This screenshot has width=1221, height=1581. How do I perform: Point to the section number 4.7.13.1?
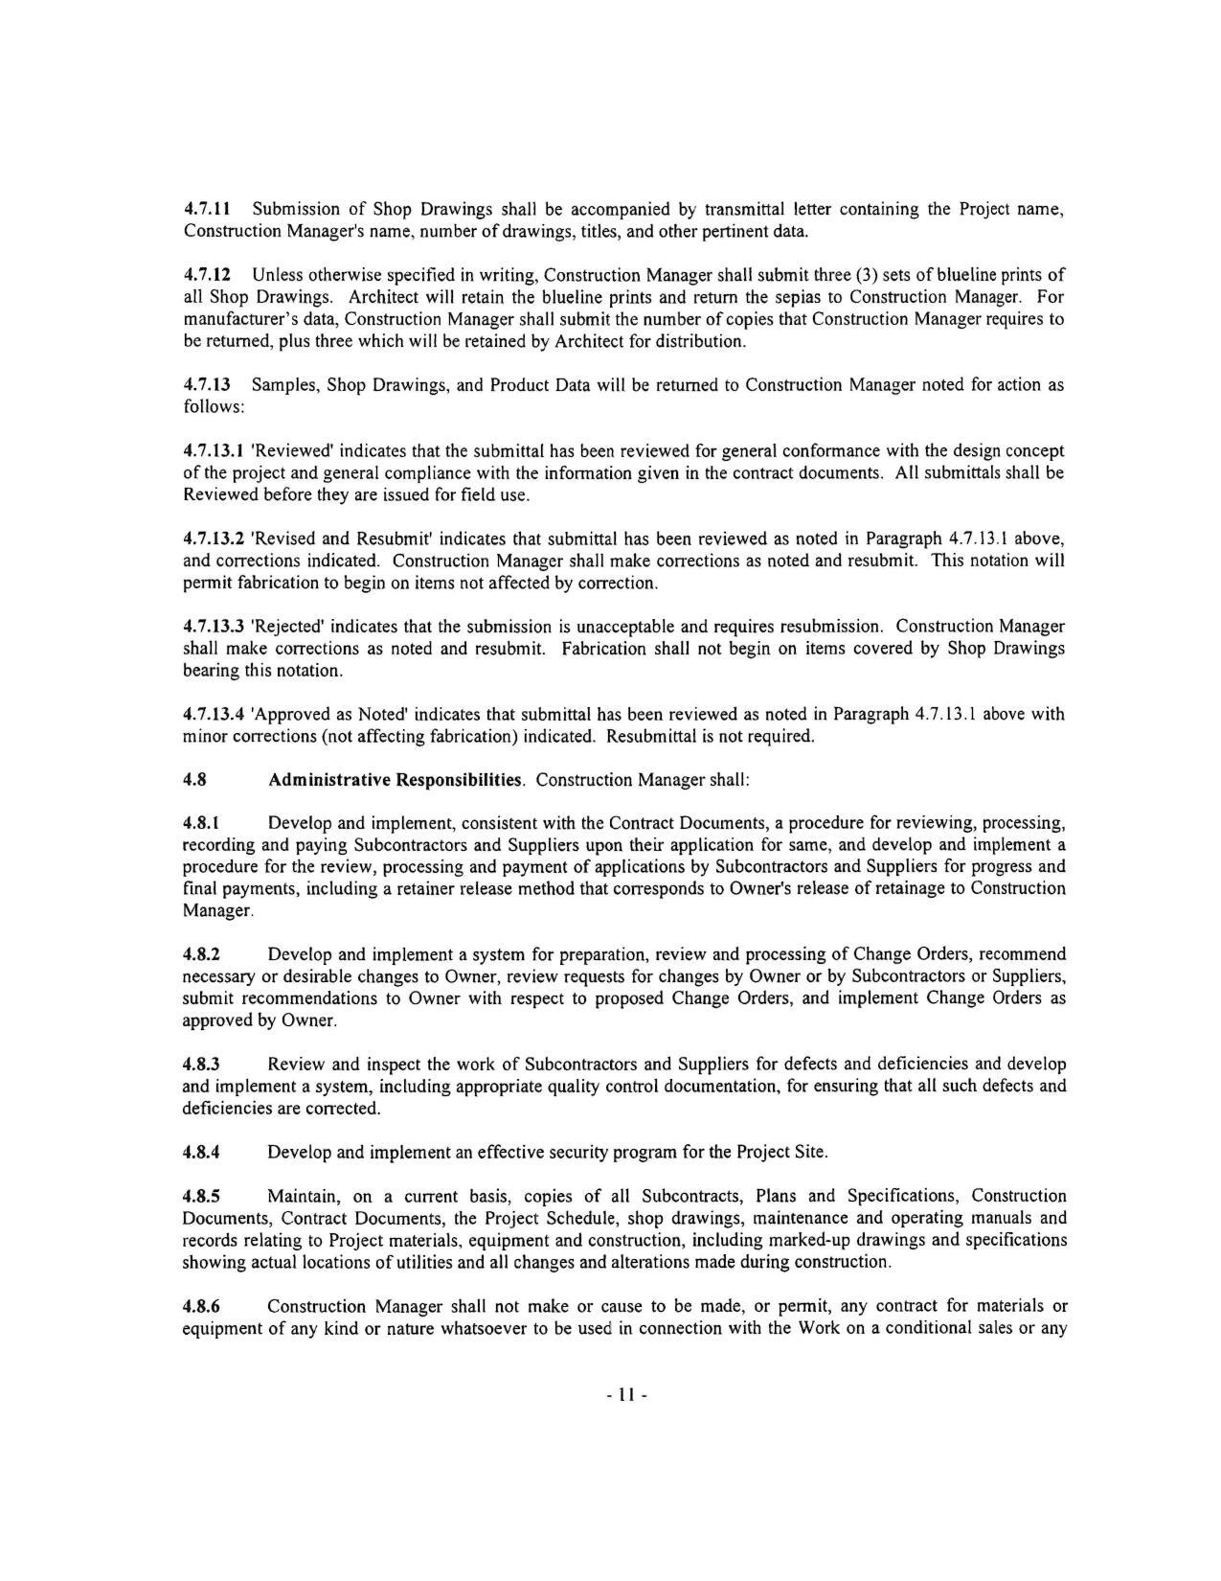pos(213,450)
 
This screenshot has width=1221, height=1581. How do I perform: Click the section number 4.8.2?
pos(201,954)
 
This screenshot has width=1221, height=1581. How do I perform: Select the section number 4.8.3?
pos(201,1065)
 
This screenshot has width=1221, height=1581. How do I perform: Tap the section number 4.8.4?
pos(201,1152)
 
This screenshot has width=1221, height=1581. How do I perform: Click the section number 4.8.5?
pos(201,1196)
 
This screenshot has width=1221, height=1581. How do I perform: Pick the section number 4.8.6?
pos(201,1306)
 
